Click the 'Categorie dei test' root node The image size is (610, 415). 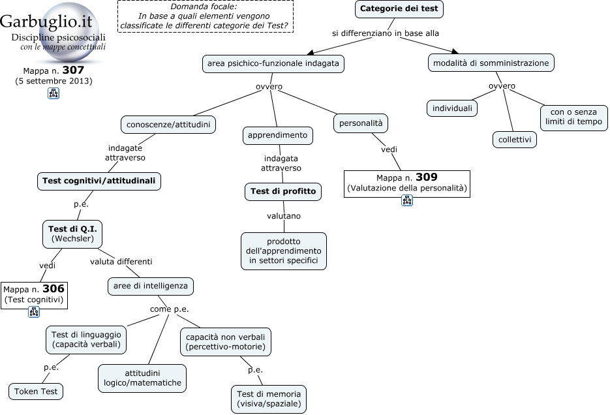coord(399,9)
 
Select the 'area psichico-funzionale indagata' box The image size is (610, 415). coord(273,63)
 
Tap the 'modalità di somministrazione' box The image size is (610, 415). coord(491,63)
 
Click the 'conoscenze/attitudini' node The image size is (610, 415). coord(168,125)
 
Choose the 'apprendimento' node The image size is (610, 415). coord(277,135)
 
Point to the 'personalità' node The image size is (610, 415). coord(361,123)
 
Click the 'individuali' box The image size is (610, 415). coord(452,108)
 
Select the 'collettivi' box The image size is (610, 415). coord(515,140)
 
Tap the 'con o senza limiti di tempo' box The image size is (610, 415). coord(573,117)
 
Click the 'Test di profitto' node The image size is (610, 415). coord(283,191)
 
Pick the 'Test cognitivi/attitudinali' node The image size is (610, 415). coord(99,181)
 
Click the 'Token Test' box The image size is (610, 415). coord(36,392)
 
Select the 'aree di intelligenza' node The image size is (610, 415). coord(151,286)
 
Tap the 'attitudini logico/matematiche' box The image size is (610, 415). coord(142,378)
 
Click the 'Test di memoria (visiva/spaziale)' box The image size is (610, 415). coord(269,399)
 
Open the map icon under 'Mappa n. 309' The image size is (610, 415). coord(407,200)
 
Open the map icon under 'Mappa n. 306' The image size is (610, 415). coord(34,312)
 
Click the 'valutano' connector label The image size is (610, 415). coord(284,216)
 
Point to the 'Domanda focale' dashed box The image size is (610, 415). coord(206,16)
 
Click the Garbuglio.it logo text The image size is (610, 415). coord(46,22)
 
